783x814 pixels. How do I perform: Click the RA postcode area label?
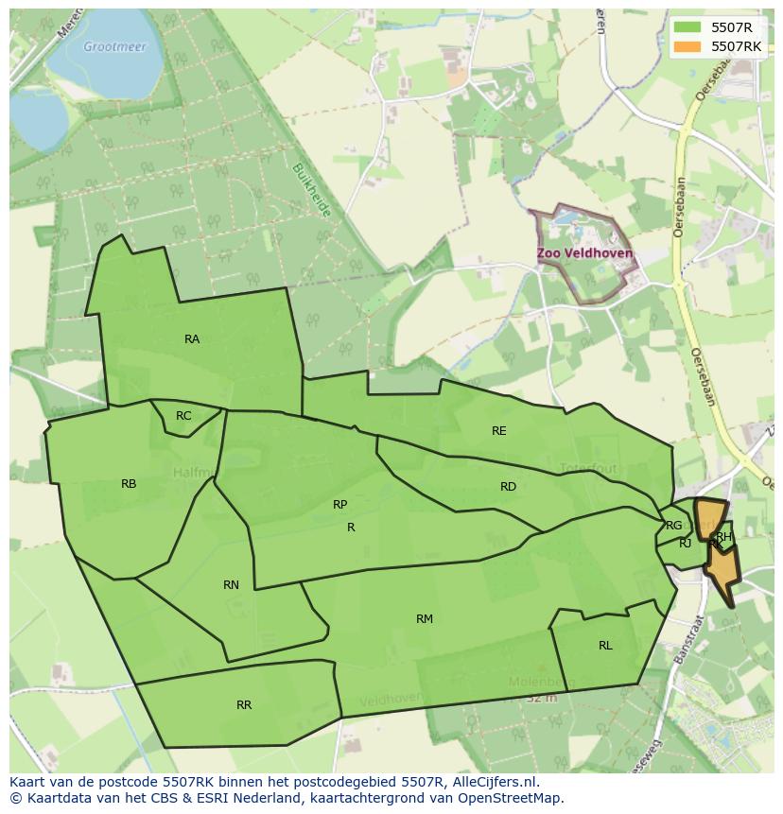(x=192, y=339)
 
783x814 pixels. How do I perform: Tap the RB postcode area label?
(x=129, y=484)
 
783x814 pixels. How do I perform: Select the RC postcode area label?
(x=183, y=416)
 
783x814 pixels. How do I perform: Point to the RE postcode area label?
(x=499, y=431)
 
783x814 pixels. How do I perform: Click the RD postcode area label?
(x=509, y=487)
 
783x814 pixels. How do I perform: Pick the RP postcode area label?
(x=340, y=505)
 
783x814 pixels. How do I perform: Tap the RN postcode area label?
(x=231, y=585)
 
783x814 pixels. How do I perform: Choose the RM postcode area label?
(x=425, y=619)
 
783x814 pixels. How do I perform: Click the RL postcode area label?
(x=605, y=646)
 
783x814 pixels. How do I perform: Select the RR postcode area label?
(x=244, y=705)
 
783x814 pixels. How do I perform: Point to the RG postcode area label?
(x=674, y=526)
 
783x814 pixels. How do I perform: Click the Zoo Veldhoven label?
(x=584, y=254)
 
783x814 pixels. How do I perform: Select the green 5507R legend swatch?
(x=687, y=27)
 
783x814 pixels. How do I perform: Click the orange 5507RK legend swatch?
(x=687, y=45)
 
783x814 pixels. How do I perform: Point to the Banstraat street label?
(x=688, y=642)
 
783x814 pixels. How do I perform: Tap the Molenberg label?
(x=542, y=682)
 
